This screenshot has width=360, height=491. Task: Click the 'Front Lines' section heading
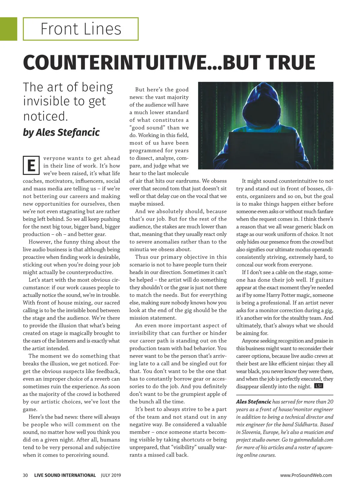click(81, 29)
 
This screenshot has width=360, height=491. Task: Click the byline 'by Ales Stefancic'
click(61, 132)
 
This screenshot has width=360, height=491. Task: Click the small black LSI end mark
click(318, 386)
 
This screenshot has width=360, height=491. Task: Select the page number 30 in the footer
click(25, 475)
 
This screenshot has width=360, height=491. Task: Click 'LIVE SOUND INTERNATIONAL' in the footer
click(65, 475)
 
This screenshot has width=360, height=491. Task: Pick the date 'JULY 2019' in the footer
click(111, 475)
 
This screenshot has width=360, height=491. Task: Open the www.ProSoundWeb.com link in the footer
click(306, 475)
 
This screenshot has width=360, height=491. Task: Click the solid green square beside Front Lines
click(8, 29)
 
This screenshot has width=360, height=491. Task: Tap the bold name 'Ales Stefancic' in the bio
click(253, 402)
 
